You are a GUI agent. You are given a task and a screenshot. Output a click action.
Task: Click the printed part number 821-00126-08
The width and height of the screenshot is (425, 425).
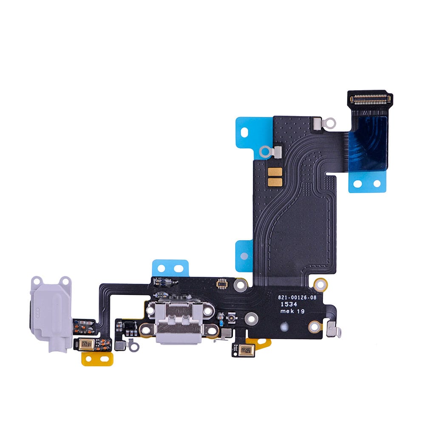[x=297, y=298]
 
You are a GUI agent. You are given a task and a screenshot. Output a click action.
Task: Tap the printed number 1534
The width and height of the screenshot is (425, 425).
[x=285, y=304]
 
